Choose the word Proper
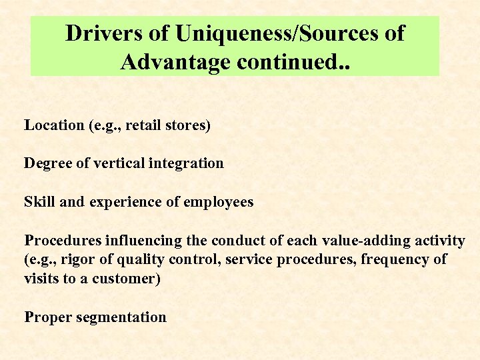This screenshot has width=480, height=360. (x=47, y=317)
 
